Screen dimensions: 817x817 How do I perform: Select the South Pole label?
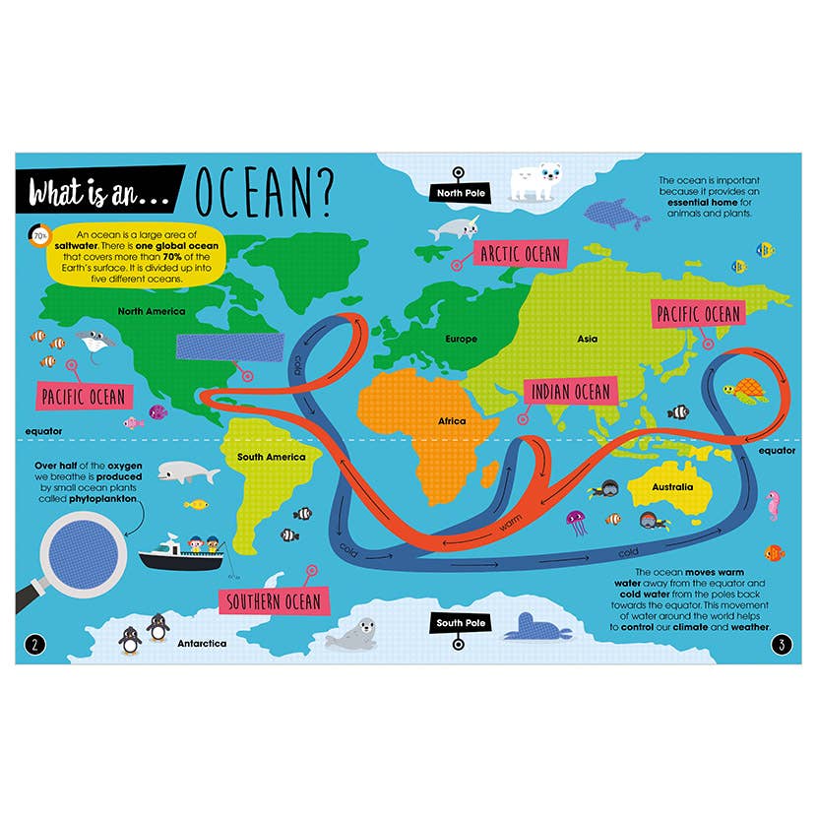[462, 623]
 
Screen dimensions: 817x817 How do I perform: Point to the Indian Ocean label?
[571, 392]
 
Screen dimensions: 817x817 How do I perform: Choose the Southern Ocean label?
[275, 600]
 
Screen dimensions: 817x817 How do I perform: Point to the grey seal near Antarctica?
[354, 633]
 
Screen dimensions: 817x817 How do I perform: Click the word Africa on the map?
[452, 421]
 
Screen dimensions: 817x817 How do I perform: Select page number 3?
[781, 646]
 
